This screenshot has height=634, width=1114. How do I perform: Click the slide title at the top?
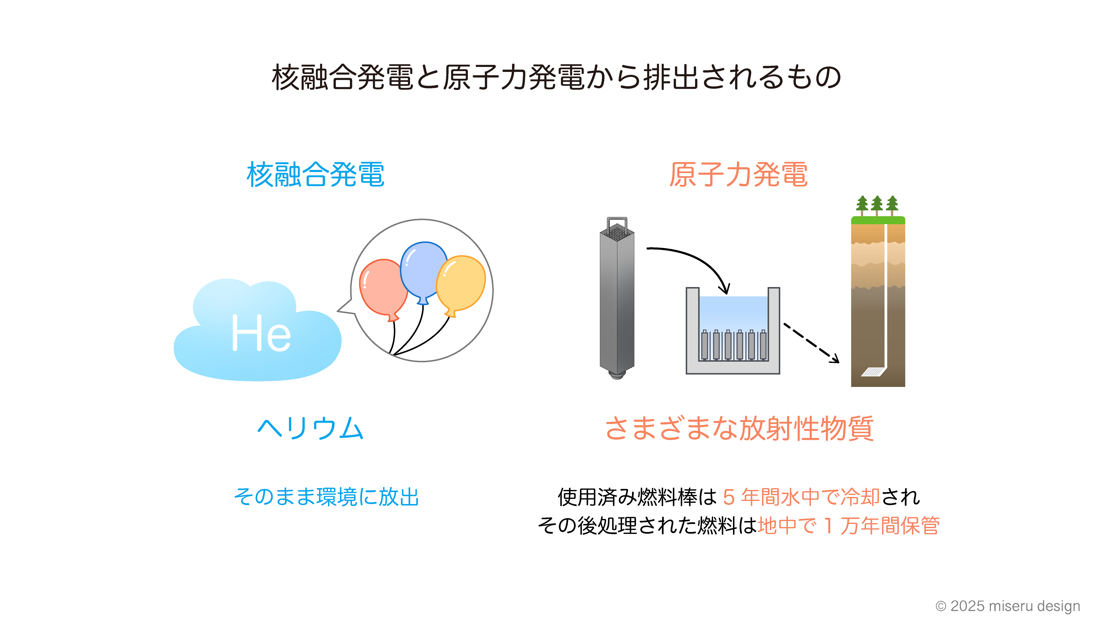click(x=556, y=77)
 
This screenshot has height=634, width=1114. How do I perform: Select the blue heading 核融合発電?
click(x=315, y=175)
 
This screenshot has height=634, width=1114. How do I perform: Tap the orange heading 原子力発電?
click(x=739, y=175)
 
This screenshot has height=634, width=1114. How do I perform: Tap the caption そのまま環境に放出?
click(x=326, y=497)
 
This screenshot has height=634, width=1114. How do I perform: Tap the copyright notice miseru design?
click(x=1008, y=606)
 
